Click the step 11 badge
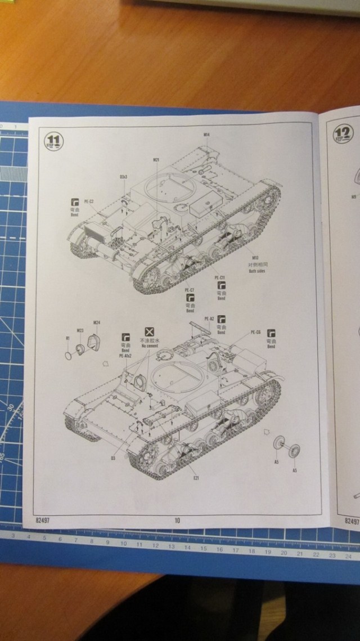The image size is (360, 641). pyautogui.click(x=55, y=140)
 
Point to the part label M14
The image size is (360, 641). pyautogui.click(x=206, y=135)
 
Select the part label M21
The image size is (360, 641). pyautogui.click(x=156, y=160)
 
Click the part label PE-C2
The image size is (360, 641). pyautogui.click(x=89, y=216)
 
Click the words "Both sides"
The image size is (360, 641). pyautogui.click(x=256, y=271)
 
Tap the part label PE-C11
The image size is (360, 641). pyautogui.click(x=219, y=278)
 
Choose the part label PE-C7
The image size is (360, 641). pyautogui.click(x=189, y=290)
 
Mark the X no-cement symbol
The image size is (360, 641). pyautogui.click(x=150, y=331)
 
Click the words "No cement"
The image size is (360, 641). pyautogui.click(x=150, y=346)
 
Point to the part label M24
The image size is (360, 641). pyautogui.click(x=96, y=322)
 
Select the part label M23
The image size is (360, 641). pyautogui.click(x=80, y=330)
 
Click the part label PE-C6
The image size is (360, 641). pyautogui.click(x=255, y=332)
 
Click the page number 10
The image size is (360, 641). pyautogui.click(x=177, y=519)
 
